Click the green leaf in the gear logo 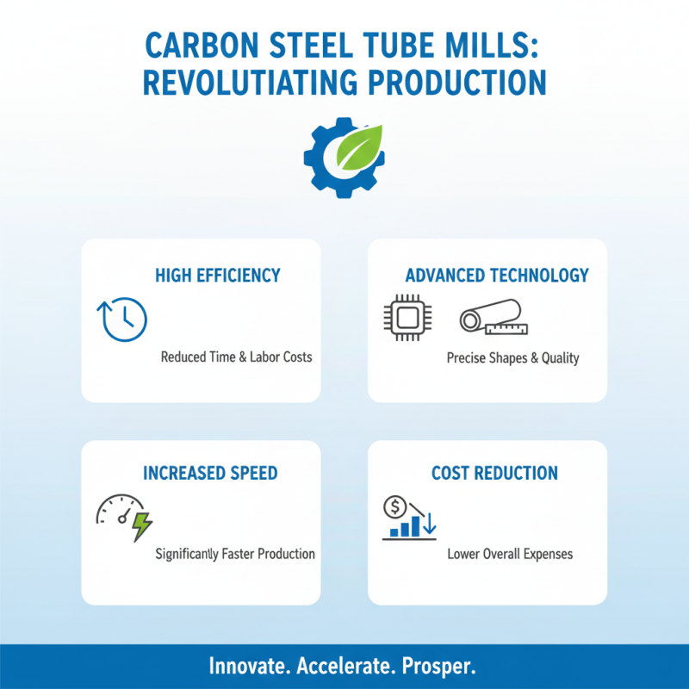357,147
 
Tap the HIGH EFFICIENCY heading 218,276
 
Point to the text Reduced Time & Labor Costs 236,357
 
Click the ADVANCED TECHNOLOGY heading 497,276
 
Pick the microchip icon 400,319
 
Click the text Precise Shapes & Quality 512,357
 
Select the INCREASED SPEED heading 210,474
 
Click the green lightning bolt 141,526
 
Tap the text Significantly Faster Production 235,554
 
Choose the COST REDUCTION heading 494,474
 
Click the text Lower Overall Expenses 510,554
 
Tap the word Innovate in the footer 249,667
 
